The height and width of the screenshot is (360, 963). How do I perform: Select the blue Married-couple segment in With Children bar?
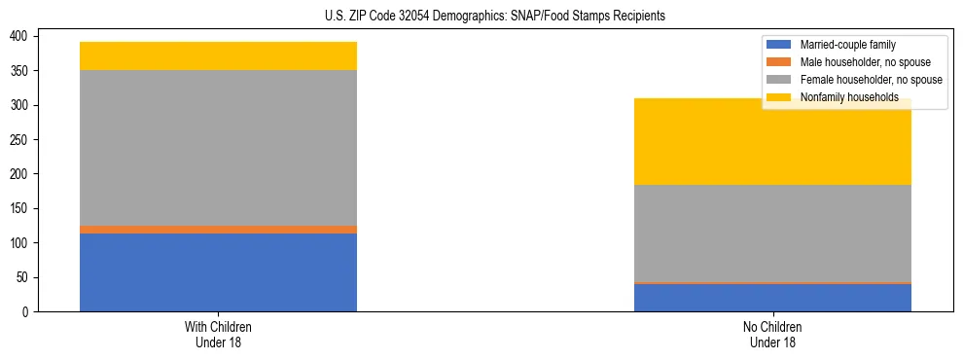tap(218, 272)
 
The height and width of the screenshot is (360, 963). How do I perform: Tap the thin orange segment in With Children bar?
tap(218, 230)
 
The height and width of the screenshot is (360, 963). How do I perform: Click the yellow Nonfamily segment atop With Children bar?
tap(218, 56)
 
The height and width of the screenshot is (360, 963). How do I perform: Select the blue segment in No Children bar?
tap(772, 298)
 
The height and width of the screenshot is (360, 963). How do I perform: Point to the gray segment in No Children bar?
tap(772, 234)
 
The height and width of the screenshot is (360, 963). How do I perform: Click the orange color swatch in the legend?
tap(779, 62)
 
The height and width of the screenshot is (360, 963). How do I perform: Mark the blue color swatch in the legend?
tap(779, 45)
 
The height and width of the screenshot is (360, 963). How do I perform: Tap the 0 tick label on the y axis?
tap(26, 312)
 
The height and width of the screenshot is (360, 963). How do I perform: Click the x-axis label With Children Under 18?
tap(218, 335)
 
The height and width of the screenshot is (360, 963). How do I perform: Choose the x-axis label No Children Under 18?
tap(772, 335)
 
